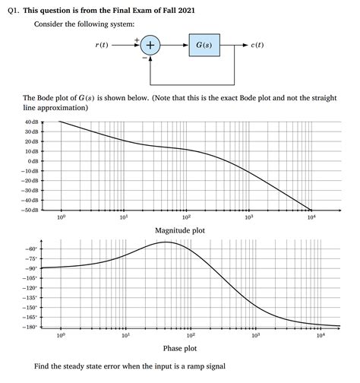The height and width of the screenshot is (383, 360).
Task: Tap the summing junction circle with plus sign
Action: tap(150, 46)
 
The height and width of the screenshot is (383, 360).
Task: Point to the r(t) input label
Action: tap(102, 46)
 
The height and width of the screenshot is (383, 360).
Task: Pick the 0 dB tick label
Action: tap(33, 161)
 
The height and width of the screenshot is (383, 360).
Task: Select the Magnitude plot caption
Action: tap(179, 230)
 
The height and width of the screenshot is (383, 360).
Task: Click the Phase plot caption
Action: tap(180, 348)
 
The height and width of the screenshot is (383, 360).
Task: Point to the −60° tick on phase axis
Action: tap(32, 248)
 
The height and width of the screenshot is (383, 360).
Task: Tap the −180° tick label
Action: tap(30, 327)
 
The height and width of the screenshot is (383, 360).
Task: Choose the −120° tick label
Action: tap(30, 288)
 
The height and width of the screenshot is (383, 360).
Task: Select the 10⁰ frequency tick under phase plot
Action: tap(62, 335)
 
